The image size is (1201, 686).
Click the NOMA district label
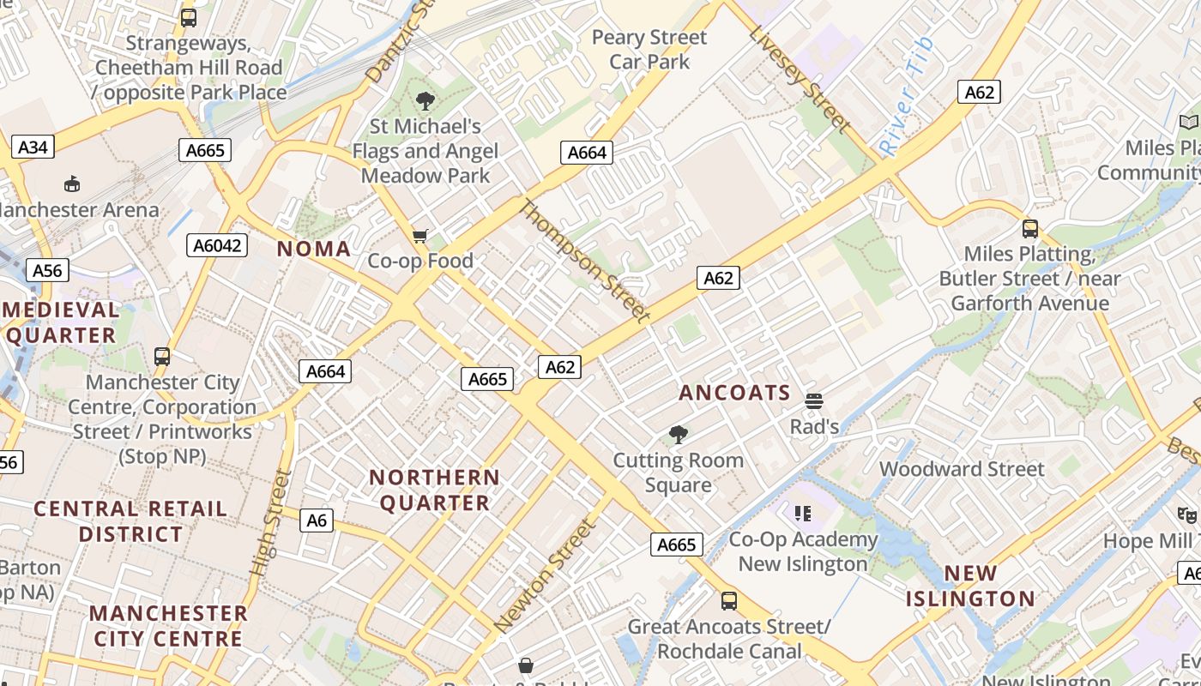point(314,249)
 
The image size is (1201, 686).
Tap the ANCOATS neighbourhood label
point(734,393)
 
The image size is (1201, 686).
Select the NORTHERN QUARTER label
point(435,490)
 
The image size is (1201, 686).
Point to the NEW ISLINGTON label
point(970,586)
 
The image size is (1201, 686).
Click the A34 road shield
point(33,147)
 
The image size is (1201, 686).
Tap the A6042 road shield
point(217,246)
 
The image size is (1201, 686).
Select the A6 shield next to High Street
point(317,520)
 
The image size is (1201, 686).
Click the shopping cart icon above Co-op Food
point(420,236)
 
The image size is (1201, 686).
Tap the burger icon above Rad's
point(814,400)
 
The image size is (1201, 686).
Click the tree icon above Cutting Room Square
point(678,435)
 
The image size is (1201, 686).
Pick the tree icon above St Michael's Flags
point(425,101)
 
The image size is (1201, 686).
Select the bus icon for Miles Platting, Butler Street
point(1030,229)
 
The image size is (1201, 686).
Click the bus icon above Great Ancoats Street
point(728,601)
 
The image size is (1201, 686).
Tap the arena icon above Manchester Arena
point(73,184)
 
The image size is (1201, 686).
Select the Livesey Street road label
point(800,79)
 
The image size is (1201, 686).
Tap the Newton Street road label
point(545,575)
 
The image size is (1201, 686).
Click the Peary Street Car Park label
point(649,49)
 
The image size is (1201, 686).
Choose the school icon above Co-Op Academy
point(803,514)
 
